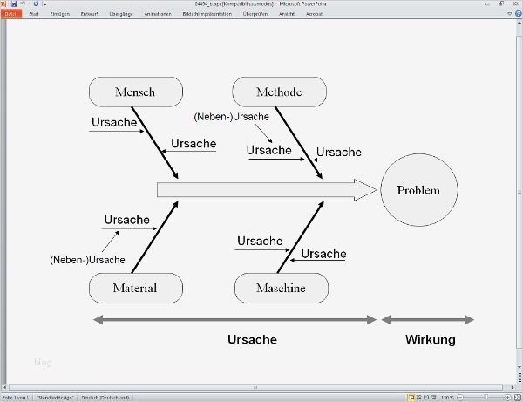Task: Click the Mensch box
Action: (134, 92)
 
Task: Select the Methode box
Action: (279, 92)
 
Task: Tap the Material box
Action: (135, 288)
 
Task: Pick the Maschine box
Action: (281, 288)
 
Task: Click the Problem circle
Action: (418, 190)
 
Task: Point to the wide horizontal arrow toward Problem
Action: (261, 190)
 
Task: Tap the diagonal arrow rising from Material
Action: (155, 237)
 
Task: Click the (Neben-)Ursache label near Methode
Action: (231, 116)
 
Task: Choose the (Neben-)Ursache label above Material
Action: (87, 260)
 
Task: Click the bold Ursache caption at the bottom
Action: (252, 339)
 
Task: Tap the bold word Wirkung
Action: (430, 339)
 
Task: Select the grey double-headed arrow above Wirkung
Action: (427, 320)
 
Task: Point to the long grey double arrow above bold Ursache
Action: (235, 320)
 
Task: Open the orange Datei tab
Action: (10, 14)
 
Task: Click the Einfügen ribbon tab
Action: (60, 14)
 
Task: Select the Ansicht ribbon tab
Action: (286, 14)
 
